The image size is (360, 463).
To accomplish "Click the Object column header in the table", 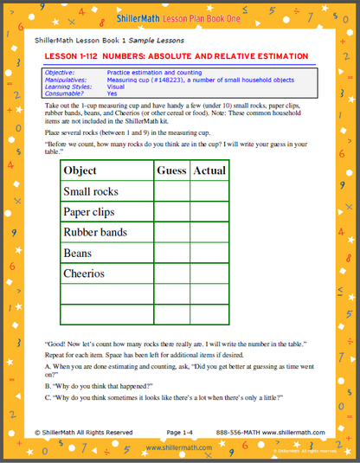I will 80,170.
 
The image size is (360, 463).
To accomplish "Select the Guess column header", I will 171,170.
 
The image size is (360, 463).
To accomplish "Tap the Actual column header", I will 209,170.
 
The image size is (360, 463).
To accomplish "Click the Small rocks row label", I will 91,191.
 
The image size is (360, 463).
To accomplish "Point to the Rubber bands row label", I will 95,232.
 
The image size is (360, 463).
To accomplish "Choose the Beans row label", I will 78,253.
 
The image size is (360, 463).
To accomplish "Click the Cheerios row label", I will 84,273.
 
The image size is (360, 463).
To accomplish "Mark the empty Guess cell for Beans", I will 171,253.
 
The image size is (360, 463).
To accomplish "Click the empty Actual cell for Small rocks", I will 209,191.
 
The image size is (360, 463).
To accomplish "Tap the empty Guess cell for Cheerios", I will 171,273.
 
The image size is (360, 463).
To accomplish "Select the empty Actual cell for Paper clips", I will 209,212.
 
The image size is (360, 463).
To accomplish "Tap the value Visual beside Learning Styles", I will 116,87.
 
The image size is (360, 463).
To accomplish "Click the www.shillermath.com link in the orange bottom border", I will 179,448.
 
